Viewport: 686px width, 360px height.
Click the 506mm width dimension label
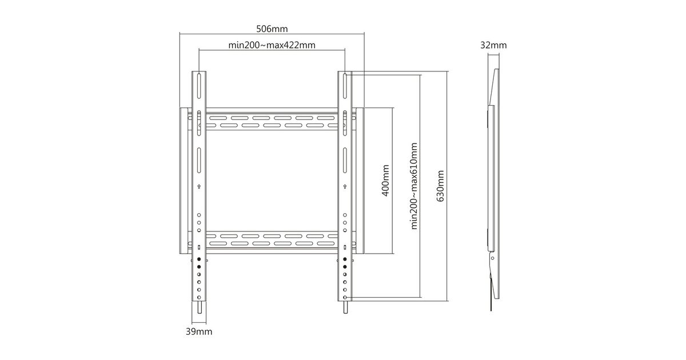point(272,29)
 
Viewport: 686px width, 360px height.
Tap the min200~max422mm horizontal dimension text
point(272,45)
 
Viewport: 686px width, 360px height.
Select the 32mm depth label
point(493,45)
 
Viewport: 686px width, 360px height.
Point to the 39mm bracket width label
point(199,331)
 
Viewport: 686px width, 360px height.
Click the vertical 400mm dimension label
point(385,181)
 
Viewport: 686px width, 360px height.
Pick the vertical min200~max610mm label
point(414,186)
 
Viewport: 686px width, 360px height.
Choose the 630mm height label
point(440,186)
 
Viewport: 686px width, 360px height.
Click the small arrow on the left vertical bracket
point(199,186)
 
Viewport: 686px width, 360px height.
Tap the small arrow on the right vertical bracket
point(345,186)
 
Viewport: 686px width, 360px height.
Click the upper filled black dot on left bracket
point(199,259)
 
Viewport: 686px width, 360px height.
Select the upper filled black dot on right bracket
point(345,259)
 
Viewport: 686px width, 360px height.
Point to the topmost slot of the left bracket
point(199,86)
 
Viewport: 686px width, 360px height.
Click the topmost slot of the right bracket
point(345,86)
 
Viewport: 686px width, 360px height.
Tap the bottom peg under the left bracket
point(199,307)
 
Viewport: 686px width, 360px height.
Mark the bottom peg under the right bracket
point(345,307)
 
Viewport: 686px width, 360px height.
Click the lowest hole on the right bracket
point(345,297)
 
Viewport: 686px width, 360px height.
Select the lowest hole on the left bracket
point(199,297)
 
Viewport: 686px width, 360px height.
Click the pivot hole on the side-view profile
point(492,258)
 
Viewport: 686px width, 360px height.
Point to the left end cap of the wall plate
point(184,181)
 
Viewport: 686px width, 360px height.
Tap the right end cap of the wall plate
point(360,181)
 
